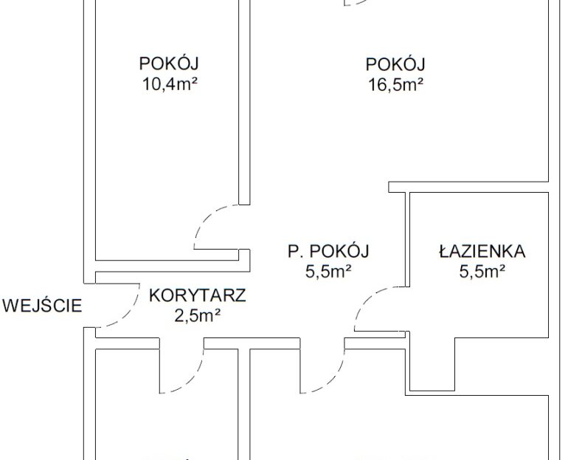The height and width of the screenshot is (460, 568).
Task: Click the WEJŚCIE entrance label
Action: [x=42, y=305]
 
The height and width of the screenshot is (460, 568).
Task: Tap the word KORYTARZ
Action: [x=198, y=295]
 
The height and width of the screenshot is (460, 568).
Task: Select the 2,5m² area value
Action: [x=198, y=316]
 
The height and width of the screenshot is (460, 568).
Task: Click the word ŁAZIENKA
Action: [x=482, y=251]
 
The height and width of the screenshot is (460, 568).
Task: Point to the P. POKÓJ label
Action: [x=328, y=251]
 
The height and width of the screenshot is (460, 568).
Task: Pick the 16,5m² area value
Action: [x=395, y=85]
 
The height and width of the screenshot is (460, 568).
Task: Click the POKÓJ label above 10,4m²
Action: [x=169, y=63]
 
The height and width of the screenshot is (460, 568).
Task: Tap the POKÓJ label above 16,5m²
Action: [x=395, y=63]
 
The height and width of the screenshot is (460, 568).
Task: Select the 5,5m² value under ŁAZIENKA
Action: [x=482, y=271]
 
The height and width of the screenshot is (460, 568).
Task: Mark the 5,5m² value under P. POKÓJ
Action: [x=328, y=271]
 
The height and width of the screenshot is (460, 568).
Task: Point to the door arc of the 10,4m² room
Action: [x=207, y=217]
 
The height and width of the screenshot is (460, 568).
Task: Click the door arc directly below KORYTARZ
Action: [x=192, y=380]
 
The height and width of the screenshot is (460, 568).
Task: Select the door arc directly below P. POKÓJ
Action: [x=332, y=380]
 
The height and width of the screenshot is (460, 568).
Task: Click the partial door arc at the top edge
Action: [x=356, y=3]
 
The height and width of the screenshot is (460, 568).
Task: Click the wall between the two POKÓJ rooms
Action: [x=244, y=102]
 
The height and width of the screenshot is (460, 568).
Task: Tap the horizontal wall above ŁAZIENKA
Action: [x=468, y=187]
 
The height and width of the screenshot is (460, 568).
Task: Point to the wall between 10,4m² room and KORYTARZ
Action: [x=173, y=266]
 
